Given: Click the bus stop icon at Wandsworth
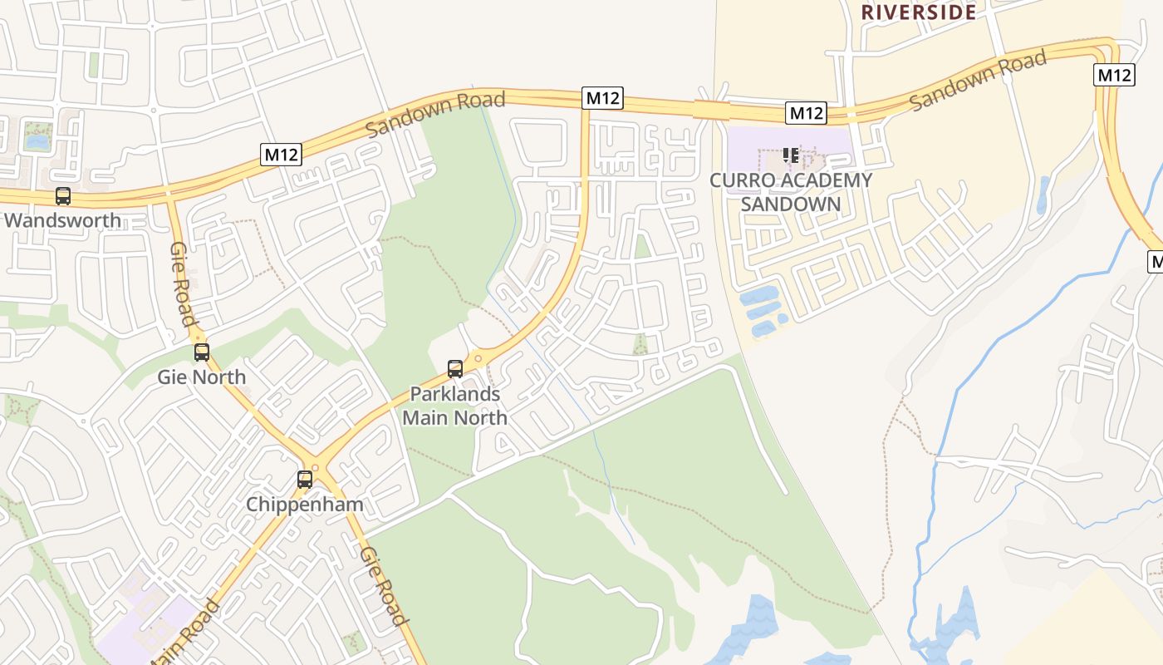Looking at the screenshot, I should (62, 196).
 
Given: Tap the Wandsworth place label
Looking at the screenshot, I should (62, 221).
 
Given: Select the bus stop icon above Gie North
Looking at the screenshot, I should (202, 352).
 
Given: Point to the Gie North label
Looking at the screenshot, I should (202, 377).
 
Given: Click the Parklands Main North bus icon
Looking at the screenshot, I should (455, 369).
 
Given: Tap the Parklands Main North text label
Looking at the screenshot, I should (455, 406).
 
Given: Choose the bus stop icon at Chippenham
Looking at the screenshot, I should (305, 480).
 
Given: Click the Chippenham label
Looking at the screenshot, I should (305, 505).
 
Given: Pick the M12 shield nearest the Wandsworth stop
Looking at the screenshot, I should (281, 154).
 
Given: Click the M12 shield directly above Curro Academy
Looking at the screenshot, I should (806, 113).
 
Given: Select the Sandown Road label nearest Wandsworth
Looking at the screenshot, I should (434, 114).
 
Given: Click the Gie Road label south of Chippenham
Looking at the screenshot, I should (384, 586).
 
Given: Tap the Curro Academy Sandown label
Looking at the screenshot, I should (791, 192).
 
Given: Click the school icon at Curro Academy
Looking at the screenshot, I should (790, 155).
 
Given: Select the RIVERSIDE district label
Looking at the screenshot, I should (918, 12).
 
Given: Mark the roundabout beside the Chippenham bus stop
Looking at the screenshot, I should (313, 468).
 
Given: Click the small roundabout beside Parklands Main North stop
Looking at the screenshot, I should (478, 359).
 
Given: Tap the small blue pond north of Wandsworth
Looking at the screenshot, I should (37, 141).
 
